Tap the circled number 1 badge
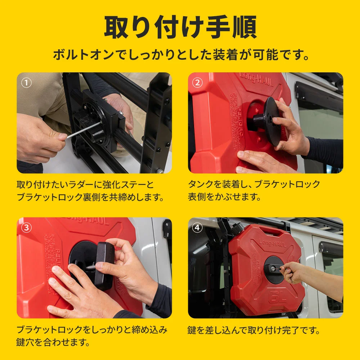(26, 83)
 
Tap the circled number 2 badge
(197, 83)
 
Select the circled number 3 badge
(26, 228)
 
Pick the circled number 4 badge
(197, 228)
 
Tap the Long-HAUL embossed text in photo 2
(256, 80)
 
